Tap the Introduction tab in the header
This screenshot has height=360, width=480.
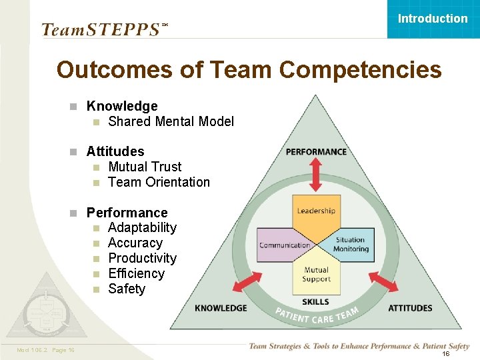click(x=433, y=19)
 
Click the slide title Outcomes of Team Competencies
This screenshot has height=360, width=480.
click(x=249, y=69)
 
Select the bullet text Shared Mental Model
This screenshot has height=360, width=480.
click(x=171, y=121)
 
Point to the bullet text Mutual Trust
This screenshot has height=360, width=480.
click(x=145, y=167)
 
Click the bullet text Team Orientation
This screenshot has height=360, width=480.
click(x=159, y=182)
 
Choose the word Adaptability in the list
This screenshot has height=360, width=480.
click(x=142, y=228)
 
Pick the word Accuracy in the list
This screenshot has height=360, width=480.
click(x=135, y=243)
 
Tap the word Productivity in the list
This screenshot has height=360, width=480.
click(x=142, y=259)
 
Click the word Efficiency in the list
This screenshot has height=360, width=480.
click(x=136, y=274)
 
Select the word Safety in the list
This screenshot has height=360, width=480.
click(x=126, y=289)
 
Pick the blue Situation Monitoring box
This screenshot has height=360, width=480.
click(x=351, y=245)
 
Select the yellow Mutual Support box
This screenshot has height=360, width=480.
click(x=316, y=273)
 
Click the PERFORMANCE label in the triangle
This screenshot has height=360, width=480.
click(x=316, y=152)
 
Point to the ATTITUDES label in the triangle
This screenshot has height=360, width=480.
click(x=410, y=308)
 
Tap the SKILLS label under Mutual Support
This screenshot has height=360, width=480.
click(x=316, y=303)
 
